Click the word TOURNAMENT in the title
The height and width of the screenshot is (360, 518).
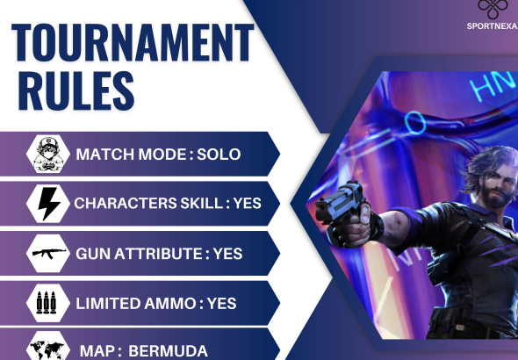132,42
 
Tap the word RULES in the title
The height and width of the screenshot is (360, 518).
75,90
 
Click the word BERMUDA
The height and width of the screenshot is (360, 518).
168,351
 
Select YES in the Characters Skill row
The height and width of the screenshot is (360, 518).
248,204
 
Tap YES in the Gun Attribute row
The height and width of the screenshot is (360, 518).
227,254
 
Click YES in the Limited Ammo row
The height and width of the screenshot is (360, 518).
222,303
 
